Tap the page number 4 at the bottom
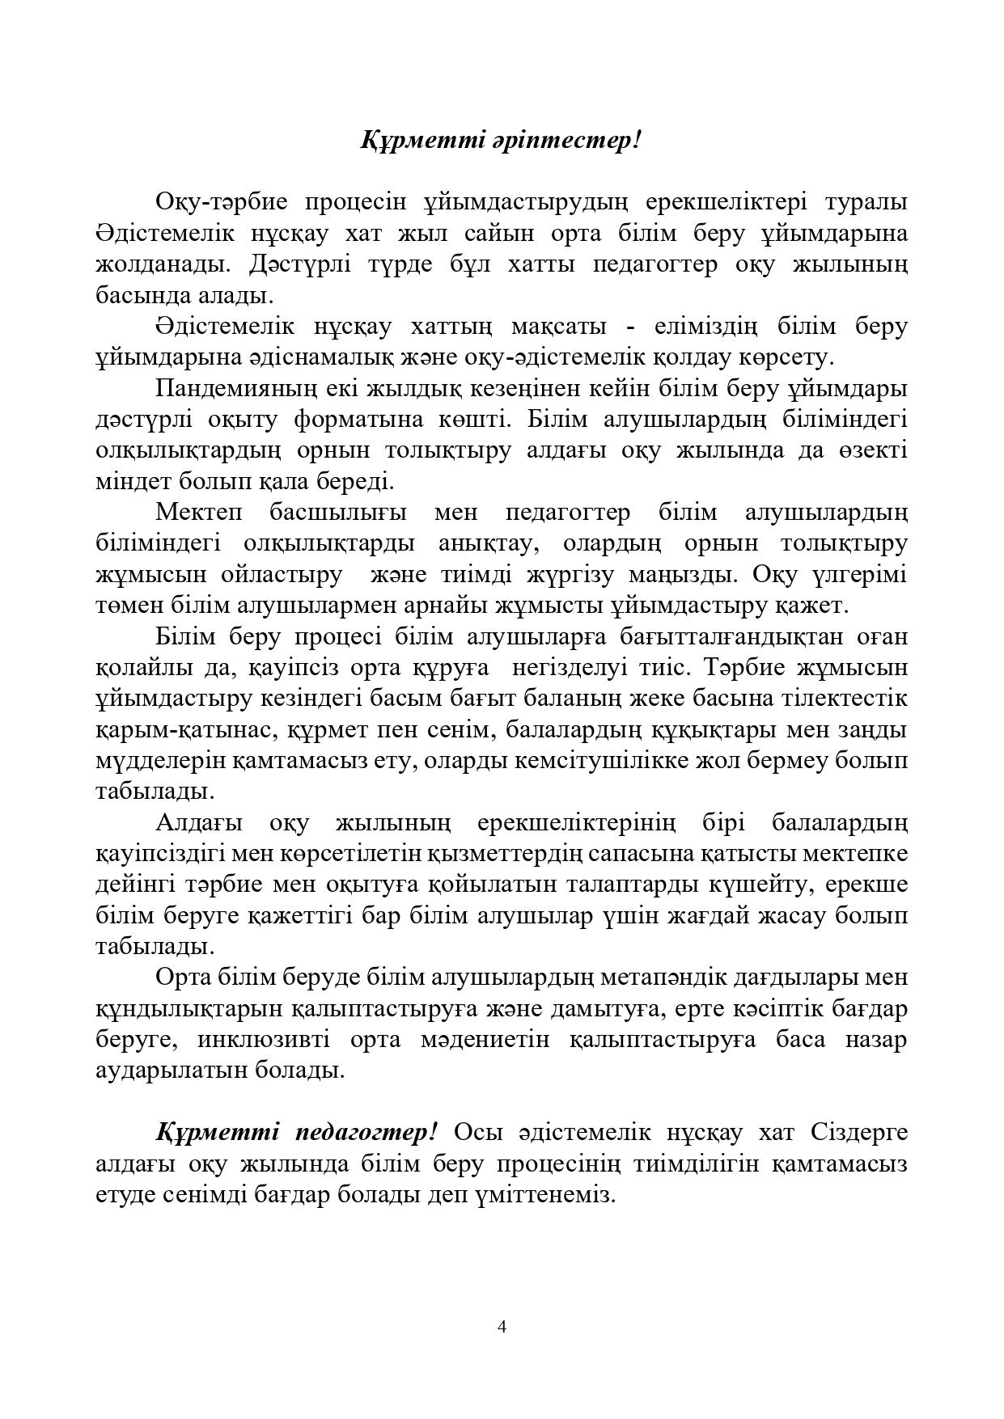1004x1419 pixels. [502, 1326]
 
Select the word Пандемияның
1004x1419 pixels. [235, 389]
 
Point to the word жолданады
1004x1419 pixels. [162, 264]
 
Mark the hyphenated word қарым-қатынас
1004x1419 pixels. [181, 730]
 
